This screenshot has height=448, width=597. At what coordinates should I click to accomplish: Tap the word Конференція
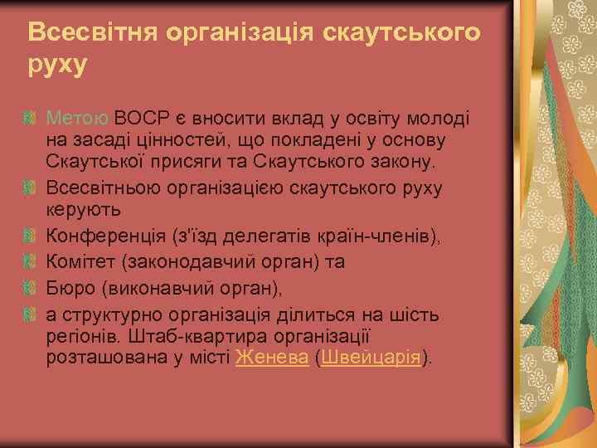pyautogui.click(x=99, y=236)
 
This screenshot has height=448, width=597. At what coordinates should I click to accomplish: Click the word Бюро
pyautogui.click(x=68, y=289)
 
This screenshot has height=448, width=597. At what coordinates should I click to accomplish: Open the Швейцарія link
pyautogui.click(x=370, y=358)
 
